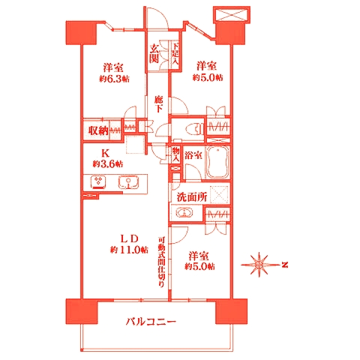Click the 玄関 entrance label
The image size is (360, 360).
154,55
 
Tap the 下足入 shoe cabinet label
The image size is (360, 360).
174,55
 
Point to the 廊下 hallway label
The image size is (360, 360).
158,103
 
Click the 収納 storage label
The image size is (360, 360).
98,130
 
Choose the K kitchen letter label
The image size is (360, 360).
106,150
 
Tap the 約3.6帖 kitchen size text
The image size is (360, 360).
108,163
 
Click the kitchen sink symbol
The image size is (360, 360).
126,181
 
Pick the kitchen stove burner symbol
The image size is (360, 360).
98,181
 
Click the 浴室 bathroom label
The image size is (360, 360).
194,157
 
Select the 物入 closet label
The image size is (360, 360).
176,154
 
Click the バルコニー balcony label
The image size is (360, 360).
151,322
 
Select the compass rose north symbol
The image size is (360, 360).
259,264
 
